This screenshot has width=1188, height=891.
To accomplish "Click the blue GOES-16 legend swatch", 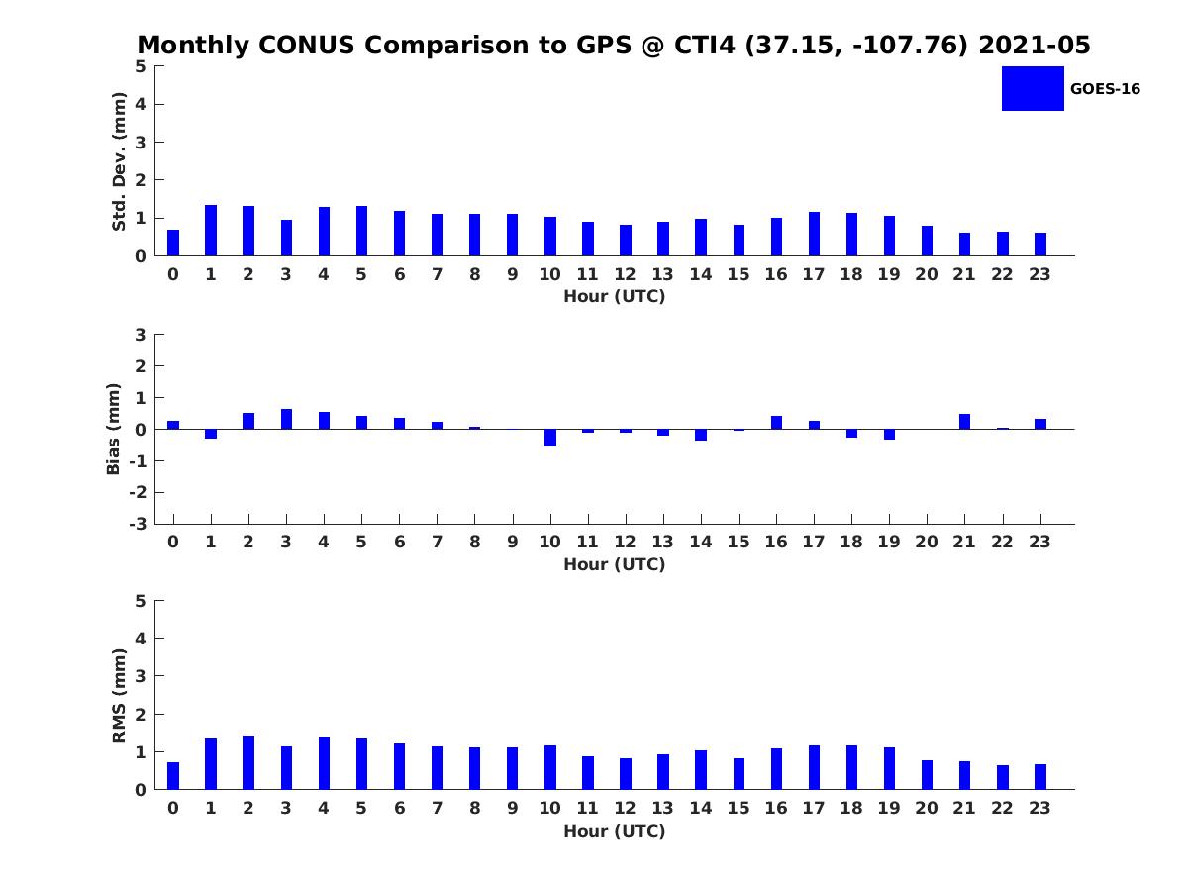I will [1033, 88].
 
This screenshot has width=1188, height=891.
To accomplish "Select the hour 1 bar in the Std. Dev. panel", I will [211, 231].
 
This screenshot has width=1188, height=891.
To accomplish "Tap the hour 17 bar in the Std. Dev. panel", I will [814, 234].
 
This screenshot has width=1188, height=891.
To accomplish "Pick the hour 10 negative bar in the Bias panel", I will [550, 438].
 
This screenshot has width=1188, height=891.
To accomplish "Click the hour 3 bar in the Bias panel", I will [286, 419].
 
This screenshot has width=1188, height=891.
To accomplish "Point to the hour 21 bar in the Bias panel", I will [964, 422].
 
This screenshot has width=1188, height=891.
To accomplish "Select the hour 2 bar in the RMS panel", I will [248, 762].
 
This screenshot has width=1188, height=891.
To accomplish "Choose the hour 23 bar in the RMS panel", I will [1040, 777].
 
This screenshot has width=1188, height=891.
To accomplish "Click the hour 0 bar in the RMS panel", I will [173, 776].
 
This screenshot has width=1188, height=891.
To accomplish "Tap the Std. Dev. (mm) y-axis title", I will [119, 161].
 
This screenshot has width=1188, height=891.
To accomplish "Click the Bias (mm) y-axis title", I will [114, 429].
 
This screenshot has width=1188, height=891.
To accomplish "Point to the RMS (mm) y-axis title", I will [119, 695].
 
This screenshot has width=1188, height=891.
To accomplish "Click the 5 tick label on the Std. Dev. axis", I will [142, 66].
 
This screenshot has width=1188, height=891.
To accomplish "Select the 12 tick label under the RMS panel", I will [626, 808].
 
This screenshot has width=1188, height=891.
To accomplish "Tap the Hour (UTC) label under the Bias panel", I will [614, 564].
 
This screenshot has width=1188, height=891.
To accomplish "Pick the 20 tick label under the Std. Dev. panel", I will [927, 275].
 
